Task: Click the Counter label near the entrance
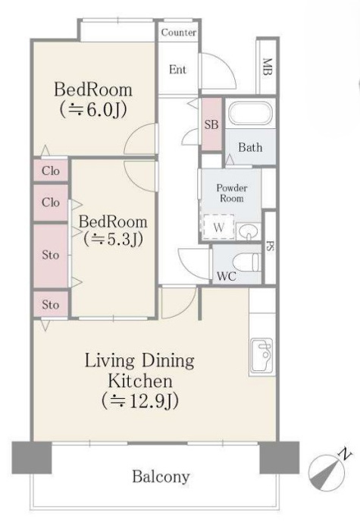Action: tap(179, 33)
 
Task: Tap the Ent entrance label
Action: tap(177, 70)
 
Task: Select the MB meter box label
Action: tap(268, 67)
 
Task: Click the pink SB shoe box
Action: tap(211, 124)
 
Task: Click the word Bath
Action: tap(250, 147)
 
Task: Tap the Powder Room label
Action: tap(232, 193)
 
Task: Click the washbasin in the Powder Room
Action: tap(249, 231)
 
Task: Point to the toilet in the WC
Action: tap(250, 262)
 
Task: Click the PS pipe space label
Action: tap(270, 247)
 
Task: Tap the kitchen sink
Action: tap(261, 356)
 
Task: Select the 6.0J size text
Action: tap(93, 109)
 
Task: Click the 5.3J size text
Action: tap(113, 240)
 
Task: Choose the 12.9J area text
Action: tap(139, 401)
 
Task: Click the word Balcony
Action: tap(161, 477)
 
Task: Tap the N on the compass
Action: tap(345, 453)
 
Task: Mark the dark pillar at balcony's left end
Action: tap(32, 457)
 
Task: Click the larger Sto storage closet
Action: tap(51, 255)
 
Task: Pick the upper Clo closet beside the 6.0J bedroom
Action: tap(51, 171)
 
